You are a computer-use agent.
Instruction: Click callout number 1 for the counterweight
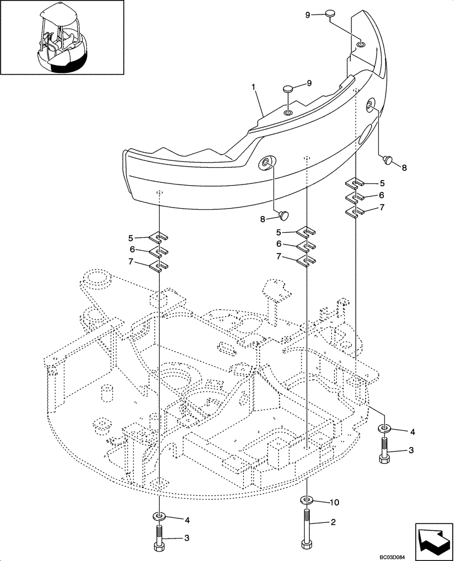click(254, 88)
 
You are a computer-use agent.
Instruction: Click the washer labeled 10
click(307, 499)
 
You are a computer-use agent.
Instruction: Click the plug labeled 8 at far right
click(386, 160)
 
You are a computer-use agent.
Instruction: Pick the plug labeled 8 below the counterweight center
click(284, 214)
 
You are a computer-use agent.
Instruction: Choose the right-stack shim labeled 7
click(355, 210)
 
